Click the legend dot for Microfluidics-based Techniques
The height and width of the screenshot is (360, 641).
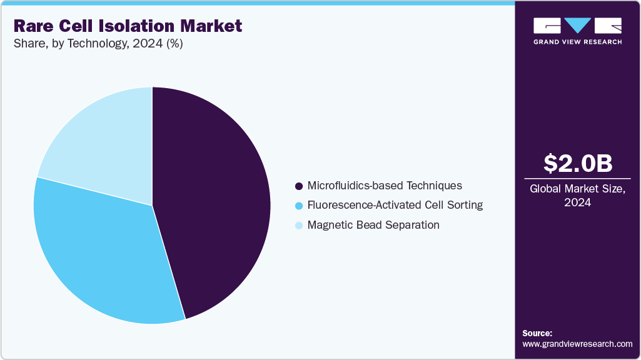[298, 186]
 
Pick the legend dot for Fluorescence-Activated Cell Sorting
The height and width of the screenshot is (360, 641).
[298, 206]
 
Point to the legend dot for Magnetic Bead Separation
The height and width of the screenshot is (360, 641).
[298, 225]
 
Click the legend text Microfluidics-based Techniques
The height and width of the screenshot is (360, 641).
[385, 186]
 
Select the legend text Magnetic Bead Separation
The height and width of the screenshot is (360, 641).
[373, 224]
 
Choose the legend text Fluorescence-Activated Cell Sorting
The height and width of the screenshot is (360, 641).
[395, 205]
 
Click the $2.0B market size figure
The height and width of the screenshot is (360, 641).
[577, 163]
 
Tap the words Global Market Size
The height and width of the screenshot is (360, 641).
[577, 189]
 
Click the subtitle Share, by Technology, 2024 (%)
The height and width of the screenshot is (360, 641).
[98, 44]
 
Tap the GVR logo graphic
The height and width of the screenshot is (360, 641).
[577, 26]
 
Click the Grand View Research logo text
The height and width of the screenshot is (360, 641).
[577, 42]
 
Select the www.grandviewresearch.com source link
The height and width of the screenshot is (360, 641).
[577, 344]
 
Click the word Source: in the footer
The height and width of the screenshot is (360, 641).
[537, 333]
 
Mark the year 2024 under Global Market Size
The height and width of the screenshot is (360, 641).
[577, 202]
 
